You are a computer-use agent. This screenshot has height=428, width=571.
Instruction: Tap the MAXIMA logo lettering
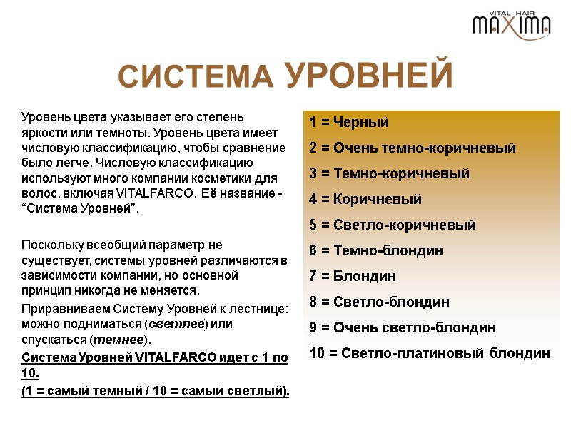click(511, 27)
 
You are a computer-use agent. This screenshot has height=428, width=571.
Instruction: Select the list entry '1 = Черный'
click(349, 122)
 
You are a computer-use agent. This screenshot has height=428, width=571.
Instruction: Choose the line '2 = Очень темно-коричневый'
click(412, 148)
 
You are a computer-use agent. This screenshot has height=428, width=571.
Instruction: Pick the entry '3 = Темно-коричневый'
click(389, 173)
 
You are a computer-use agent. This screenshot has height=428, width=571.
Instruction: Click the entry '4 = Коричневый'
click(365, 199)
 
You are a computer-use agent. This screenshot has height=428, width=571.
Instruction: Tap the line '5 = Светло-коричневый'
click(393, 225)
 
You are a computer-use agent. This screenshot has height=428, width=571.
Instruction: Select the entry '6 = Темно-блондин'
click(376, 250)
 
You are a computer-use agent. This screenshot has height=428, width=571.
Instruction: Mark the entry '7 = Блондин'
click(353, 276)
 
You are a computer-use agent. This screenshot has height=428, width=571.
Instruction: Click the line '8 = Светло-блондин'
click(379, 302)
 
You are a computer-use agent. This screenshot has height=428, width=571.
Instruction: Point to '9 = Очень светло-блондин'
click(403, 327)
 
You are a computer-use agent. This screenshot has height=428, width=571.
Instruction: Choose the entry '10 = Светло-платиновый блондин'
click(430, 353)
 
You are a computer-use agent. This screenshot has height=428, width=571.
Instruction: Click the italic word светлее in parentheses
click(176, 324)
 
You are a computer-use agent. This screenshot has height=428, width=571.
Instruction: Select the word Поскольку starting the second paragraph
click(51, 244)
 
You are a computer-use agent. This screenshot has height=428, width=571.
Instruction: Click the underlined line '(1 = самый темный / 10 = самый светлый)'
click(156, 391)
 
